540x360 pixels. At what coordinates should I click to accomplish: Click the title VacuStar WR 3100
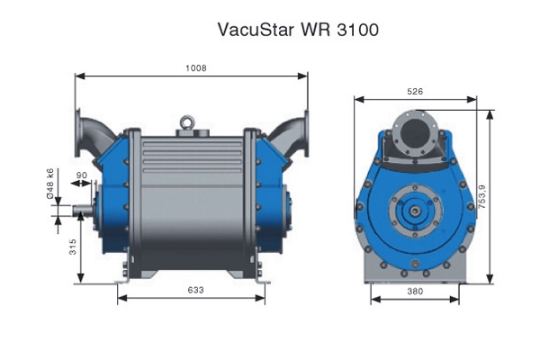(x=298, y=30)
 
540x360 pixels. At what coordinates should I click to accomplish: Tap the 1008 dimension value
(x=196, y=67)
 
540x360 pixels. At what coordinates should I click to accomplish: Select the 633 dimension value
(x=195, y=290)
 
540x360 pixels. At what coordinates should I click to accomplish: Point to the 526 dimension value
(x=415, y=91)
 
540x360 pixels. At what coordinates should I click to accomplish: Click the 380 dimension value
(x=415, y=292)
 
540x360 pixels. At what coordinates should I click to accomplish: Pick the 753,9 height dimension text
(x=481, y=197)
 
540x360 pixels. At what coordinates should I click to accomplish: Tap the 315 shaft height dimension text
(x=73, y=247)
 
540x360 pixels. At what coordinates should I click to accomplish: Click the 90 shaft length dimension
(x=82, y=175)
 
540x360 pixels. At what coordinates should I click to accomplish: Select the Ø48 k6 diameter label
(x=50, y=184)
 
